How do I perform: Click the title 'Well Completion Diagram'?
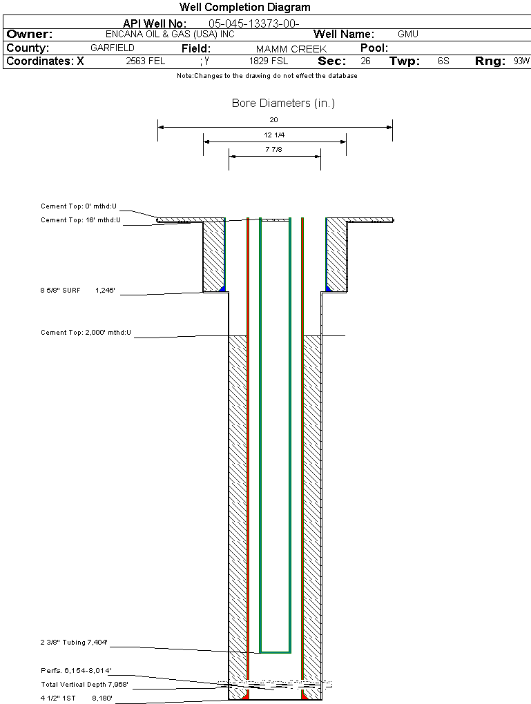pos(244,8)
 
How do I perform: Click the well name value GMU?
pos(408,34)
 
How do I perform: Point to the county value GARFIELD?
pos(113,48)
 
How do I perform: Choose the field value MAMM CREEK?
pos(291,49)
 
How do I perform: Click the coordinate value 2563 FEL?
pos(146,61)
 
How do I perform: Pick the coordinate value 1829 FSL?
pos(269,61)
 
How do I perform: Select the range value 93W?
pos(521,61)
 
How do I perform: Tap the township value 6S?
pos(443,61)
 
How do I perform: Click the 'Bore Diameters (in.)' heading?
pos(283,104)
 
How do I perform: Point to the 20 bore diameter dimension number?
pos(274,119)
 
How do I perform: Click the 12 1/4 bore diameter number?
pos(274,135)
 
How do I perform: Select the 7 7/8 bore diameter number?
pos(274,149)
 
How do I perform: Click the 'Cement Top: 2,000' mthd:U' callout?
pos(86,333)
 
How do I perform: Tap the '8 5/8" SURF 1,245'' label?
pos(81,291)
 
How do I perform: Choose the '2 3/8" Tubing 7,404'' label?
pos(74,643)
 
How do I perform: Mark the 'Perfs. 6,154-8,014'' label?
pos(76,670)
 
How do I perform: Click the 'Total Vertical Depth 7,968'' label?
pos(84,684)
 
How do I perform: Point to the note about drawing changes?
pos(267,76)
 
